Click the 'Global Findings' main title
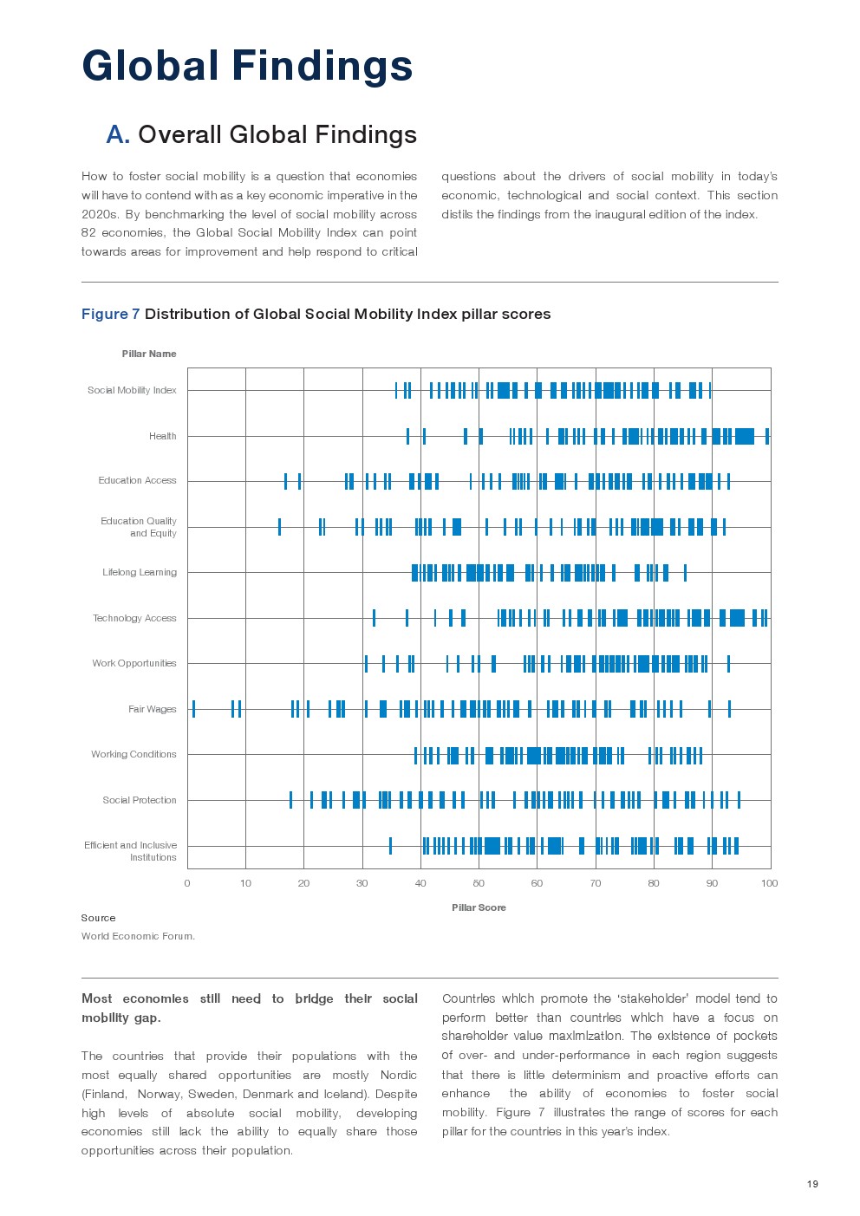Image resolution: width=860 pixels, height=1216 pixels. pyautogui.click(x=247, y=66)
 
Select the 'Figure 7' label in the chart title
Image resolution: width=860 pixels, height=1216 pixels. pyautogui.click(x=110, y=314)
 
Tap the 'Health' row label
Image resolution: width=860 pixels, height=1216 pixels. pyautogui.click(x=162, y=436)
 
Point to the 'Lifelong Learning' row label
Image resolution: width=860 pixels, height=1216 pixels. pyautogui.click(x=139, y=572)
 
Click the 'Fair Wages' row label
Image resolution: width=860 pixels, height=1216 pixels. pyautogui.click(x=152, y=709)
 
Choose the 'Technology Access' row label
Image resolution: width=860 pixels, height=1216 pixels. pyautogui.click(x=134, y=618)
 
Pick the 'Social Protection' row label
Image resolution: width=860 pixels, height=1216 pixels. pyautogui.click(x=139, y=800)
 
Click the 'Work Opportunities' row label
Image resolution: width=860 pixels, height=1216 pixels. pyautogui.click(x=134, y=663)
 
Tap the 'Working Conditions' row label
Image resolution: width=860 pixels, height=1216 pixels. pyautogui.click(x=134, y=754)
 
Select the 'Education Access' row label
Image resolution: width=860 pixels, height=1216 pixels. pyautogui.click(x=137, y=480)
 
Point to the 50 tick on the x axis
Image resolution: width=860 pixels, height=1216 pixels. pyautogui.click(x=479, y=883)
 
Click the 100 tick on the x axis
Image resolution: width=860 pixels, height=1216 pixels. pyautogui.click(x=769, y=883)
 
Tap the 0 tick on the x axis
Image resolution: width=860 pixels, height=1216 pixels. pyautogui.click(x=187, y=883)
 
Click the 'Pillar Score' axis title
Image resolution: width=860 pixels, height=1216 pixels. pyautogui.click(x=479, y=907)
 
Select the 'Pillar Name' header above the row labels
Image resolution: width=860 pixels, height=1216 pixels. pyautogui.click(x=148, y=354)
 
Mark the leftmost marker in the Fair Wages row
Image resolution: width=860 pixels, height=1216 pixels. pyautogui.click(x=193, y=709)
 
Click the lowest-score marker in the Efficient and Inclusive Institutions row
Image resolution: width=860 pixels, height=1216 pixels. pyautogui.click(x=390, y=846)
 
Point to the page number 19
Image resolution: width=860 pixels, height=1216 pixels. pyautogui.click(x=812, y=1184)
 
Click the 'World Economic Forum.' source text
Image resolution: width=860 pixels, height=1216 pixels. pyautogui.click(x=138, y=936)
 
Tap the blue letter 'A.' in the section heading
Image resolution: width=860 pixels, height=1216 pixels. pyautogui.click(x=118, y=134)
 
